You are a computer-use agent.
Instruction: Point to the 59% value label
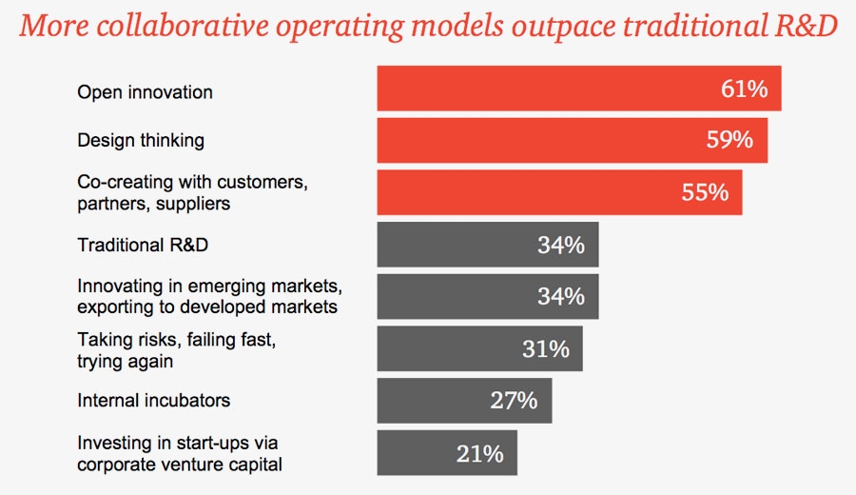[x=730, y=141]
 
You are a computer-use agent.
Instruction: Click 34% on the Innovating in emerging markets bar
[x=560, y=296]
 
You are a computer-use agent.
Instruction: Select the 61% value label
[x=743, y=89]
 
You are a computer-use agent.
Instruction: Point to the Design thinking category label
[x=141, y=141]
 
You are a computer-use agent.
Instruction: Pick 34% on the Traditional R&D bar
[x=560, y=245]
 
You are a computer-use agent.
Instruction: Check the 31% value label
[x=545, y=348]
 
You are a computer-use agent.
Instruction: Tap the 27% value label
[x=515, y=400]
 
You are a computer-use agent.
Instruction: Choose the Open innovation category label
[x=145, y=92]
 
